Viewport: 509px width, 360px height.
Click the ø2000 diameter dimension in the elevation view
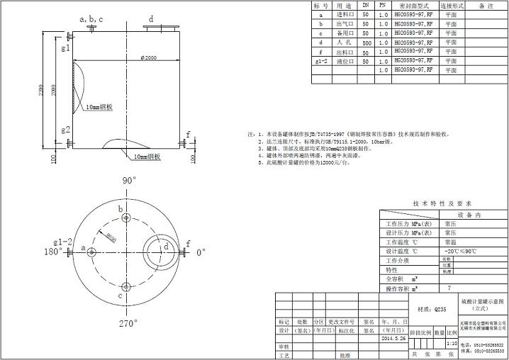coord(149,57)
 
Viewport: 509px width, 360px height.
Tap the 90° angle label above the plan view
coord(129,181)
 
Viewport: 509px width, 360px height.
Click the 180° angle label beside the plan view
coord(54,252)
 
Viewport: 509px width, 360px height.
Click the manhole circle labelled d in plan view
coord(160,249)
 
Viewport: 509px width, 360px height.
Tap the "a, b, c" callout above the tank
coord(91,19)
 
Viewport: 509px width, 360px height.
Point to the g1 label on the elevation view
coord(65,47)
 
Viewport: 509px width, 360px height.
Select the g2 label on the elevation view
coord(65,130)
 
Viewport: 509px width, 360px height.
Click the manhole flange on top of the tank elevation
coord(160,28)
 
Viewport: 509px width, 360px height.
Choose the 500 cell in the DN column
coord(366,43)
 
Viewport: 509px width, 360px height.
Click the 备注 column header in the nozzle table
coord(486,5)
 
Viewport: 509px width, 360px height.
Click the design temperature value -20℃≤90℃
coord(461,251)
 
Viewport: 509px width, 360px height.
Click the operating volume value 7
coord(449,289)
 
